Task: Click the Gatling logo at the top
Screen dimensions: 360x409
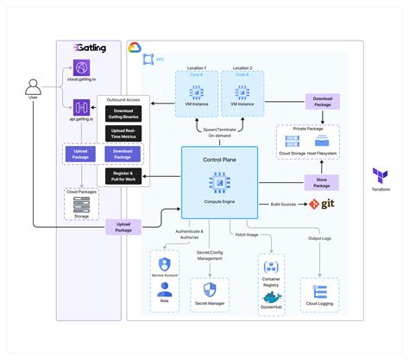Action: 91,49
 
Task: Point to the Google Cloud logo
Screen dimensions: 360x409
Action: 136,49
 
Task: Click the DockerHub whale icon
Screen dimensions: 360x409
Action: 270,292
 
